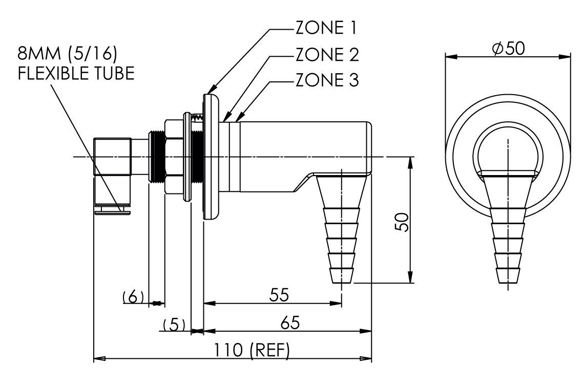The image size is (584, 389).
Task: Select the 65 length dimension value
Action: (289, 323)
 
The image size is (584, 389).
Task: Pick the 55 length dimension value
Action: (279, 295)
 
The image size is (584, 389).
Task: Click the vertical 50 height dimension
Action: (405, 222)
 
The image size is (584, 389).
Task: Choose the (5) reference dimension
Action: (174, 325)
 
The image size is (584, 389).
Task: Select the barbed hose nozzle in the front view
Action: (508, 230)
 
